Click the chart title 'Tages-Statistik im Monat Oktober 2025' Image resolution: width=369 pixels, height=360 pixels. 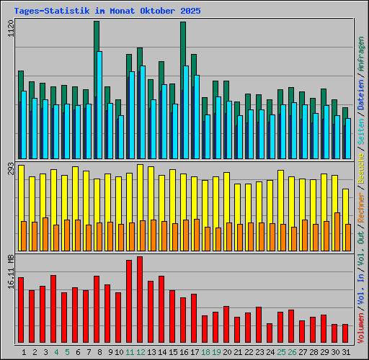pyautogui.click(x=102, y=12)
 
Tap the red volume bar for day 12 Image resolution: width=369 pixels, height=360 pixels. pyautogui.click(x=140, y=300)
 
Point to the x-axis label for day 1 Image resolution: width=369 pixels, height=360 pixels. pyautogui.click(x=25, y=352)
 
